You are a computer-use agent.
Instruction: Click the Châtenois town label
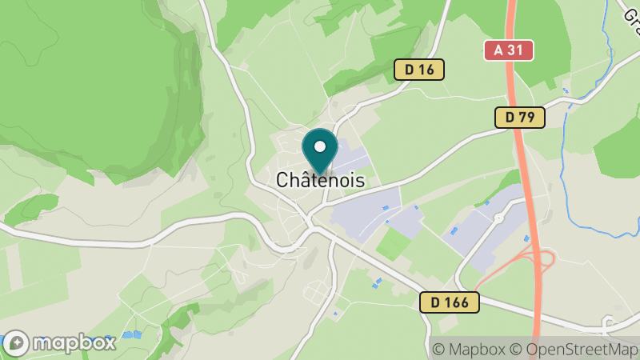coord(320,181)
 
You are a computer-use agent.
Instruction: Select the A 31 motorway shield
coord(508,50)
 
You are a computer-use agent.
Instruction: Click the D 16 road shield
coord(419,70)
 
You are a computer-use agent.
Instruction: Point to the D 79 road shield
coord(519,118)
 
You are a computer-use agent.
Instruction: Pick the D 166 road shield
coord(449,302)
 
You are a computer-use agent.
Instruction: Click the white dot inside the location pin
coord(320,146)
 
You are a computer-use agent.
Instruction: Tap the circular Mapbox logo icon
coord(17,343)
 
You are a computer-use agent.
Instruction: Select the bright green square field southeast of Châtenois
coord(393,243)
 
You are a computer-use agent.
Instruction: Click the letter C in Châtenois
coord(282,182)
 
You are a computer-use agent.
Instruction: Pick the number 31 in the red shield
coord(515,50)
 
